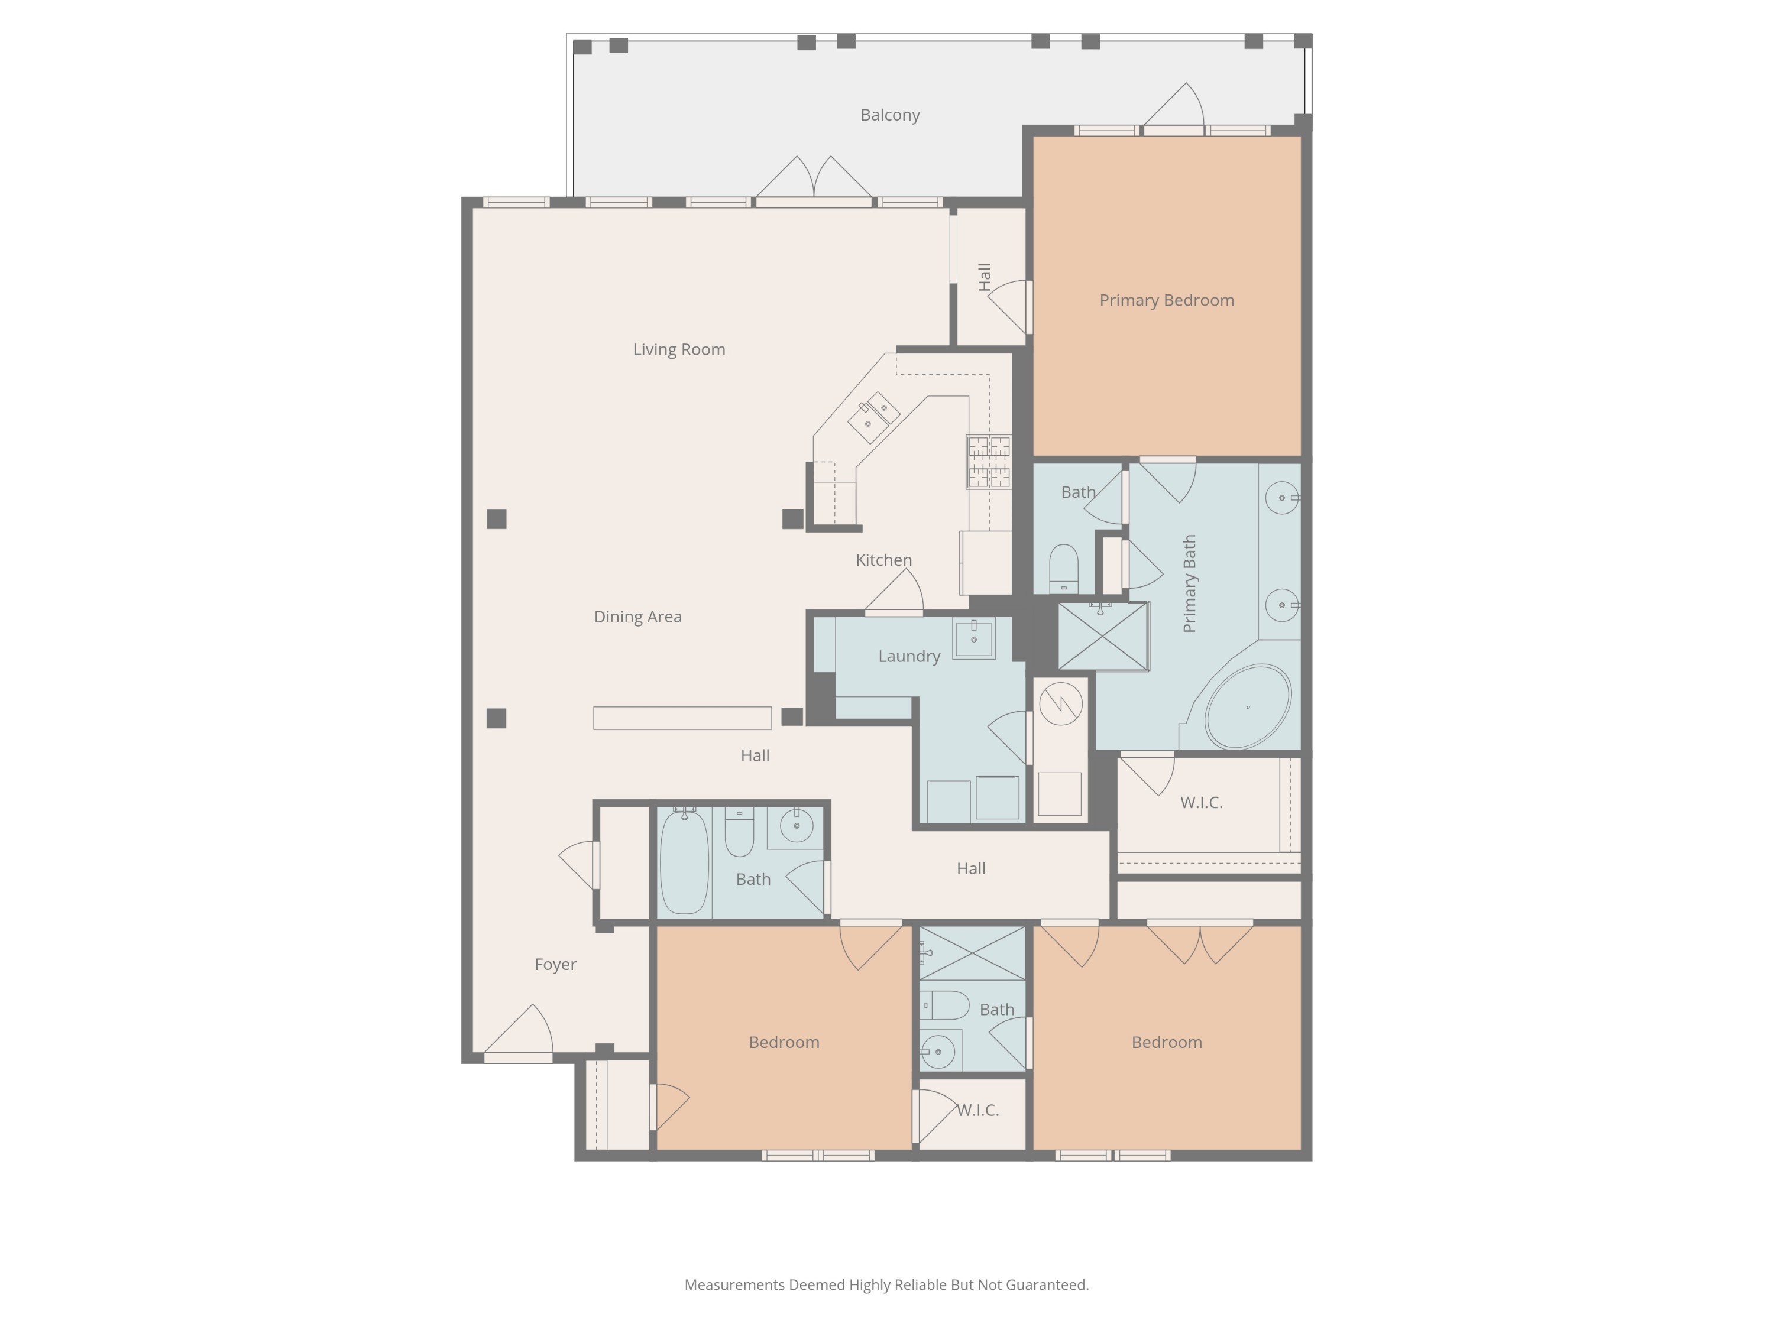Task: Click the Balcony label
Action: (889, 115)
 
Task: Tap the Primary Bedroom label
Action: (1166, 300)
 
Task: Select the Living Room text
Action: (678, 349)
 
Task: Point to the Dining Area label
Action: (637, 617)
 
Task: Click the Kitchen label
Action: (883, 560)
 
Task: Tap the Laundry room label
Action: (909, 656)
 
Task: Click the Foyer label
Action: (555, 964)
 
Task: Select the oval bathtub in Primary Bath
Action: (1247, 706)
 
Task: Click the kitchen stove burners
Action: (988, 462)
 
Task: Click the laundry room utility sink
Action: (973, 638)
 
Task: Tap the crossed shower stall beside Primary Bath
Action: (1103, 635)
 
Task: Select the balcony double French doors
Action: (813, 180)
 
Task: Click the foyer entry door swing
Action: (522, 1031)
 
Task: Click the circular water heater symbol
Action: (1060, 703)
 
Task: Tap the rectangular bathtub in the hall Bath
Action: (684, 861)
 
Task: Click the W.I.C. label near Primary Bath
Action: (1200, 802)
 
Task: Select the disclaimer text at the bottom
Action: (886, 1284)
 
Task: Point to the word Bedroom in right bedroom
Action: (1166, 1042)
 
